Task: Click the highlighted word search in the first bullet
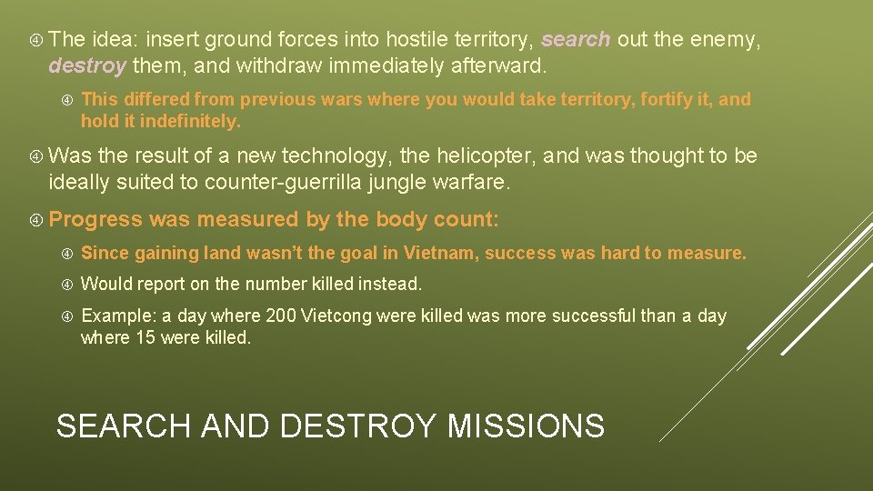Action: [x=576, y=39]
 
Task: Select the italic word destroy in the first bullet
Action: [x=86, y=65]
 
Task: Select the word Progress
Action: [x=95, y=219]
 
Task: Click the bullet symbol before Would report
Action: [x=65, y=285]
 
